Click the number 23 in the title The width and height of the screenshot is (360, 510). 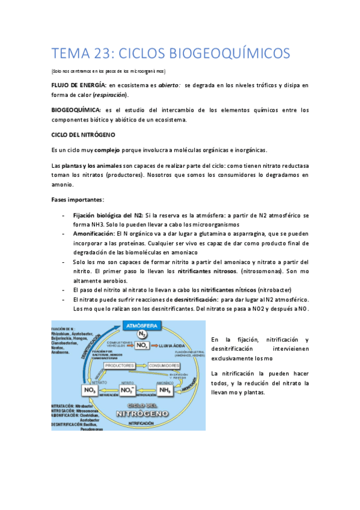coord(100,54)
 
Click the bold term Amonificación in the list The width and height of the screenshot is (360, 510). coord(94,233)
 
